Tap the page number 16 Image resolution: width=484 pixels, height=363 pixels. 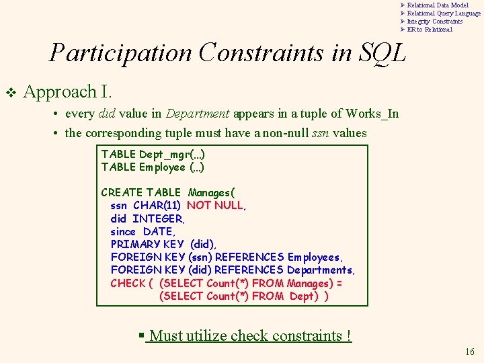469,352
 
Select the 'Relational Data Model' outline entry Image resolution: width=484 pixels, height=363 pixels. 438,5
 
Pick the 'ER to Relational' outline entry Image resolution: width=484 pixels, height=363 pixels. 430,30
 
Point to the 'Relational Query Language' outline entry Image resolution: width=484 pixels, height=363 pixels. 444,13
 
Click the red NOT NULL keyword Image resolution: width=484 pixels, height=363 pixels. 216,206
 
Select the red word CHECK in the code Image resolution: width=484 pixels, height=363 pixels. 128,284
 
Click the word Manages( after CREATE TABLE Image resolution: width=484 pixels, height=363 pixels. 211,193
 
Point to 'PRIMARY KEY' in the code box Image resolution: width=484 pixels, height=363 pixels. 147,245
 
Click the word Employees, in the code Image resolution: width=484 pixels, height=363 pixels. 315,257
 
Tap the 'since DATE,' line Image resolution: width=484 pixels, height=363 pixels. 143,232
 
